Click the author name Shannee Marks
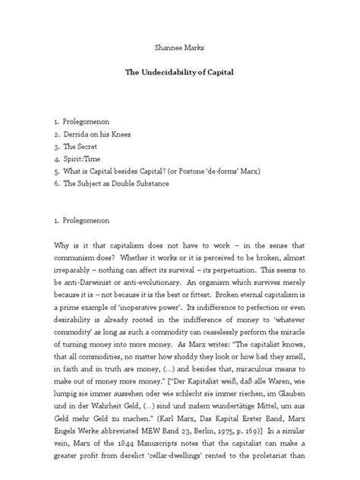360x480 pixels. coord(179,48)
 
